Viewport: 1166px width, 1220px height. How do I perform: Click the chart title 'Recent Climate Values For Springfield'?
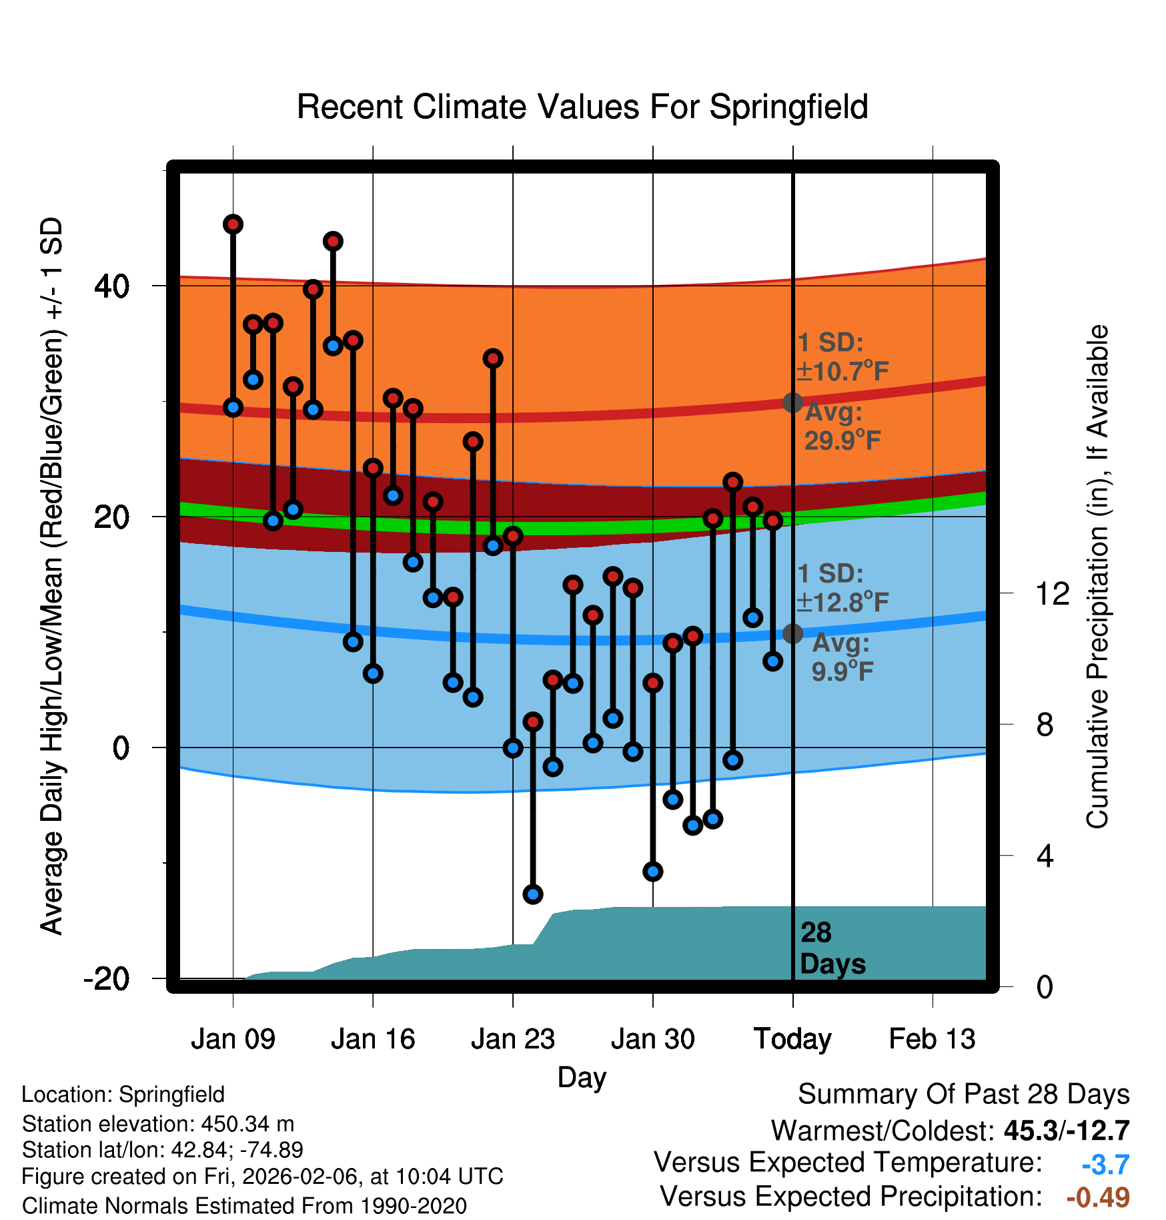pyautogui.click(x=582, y=107)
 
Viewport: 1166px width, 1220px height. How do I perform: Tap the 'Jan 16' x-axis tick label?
pyautogui.click(x=373, y=1039)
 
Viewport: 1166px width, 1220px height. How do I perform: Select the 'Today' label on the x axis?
pyautogui.click(x=792, y=1039)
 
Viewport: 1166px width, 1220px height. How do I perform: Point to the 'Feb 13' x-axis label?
pyautogui.click(x=932, y=1039)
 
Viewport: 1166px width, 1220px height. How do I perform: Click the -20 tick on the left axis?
pyautogui.click(x=107, y=979)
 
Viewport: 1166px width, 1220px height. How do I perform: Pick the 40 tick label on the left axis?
pyautogui.click(x=112, y=286)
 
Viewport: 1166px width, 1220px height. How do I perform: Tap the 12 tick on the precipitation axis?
pyautogui.click(x=1053, y=593)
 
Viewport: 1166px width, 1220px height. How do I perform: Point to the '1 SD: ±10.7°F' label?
pyautogui.click(x=842, y=357)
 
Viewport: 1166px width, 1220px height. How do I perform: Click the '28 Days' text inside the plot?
pyautogui.click(x=832, y=948)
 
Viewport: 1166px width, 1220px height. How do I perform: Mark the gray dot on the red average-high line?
pyautogui.click(x=792, y=402)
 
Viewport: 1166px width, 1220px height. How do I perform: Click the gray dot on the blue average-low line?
pyautogui.click(x=792, y=633)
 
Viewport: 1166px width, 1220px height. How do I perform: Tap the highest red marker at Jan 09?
pyautogui.click(x=233, y=224)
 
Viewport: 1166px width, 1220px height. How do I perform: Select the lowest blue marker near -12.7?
pyautogui.click(x=532, y=894)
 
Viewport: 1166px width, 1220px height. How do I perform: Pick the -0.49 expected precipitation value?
pyautogui.click(x=1098, y=1197)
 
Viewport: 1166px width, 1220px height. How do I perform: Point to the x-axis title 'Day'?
pyautogui.click(x=582, y=1077)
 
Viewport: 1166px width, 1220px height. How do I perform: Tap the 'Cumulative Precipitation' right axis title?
pyautogui.click(x=1097, y=577)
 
